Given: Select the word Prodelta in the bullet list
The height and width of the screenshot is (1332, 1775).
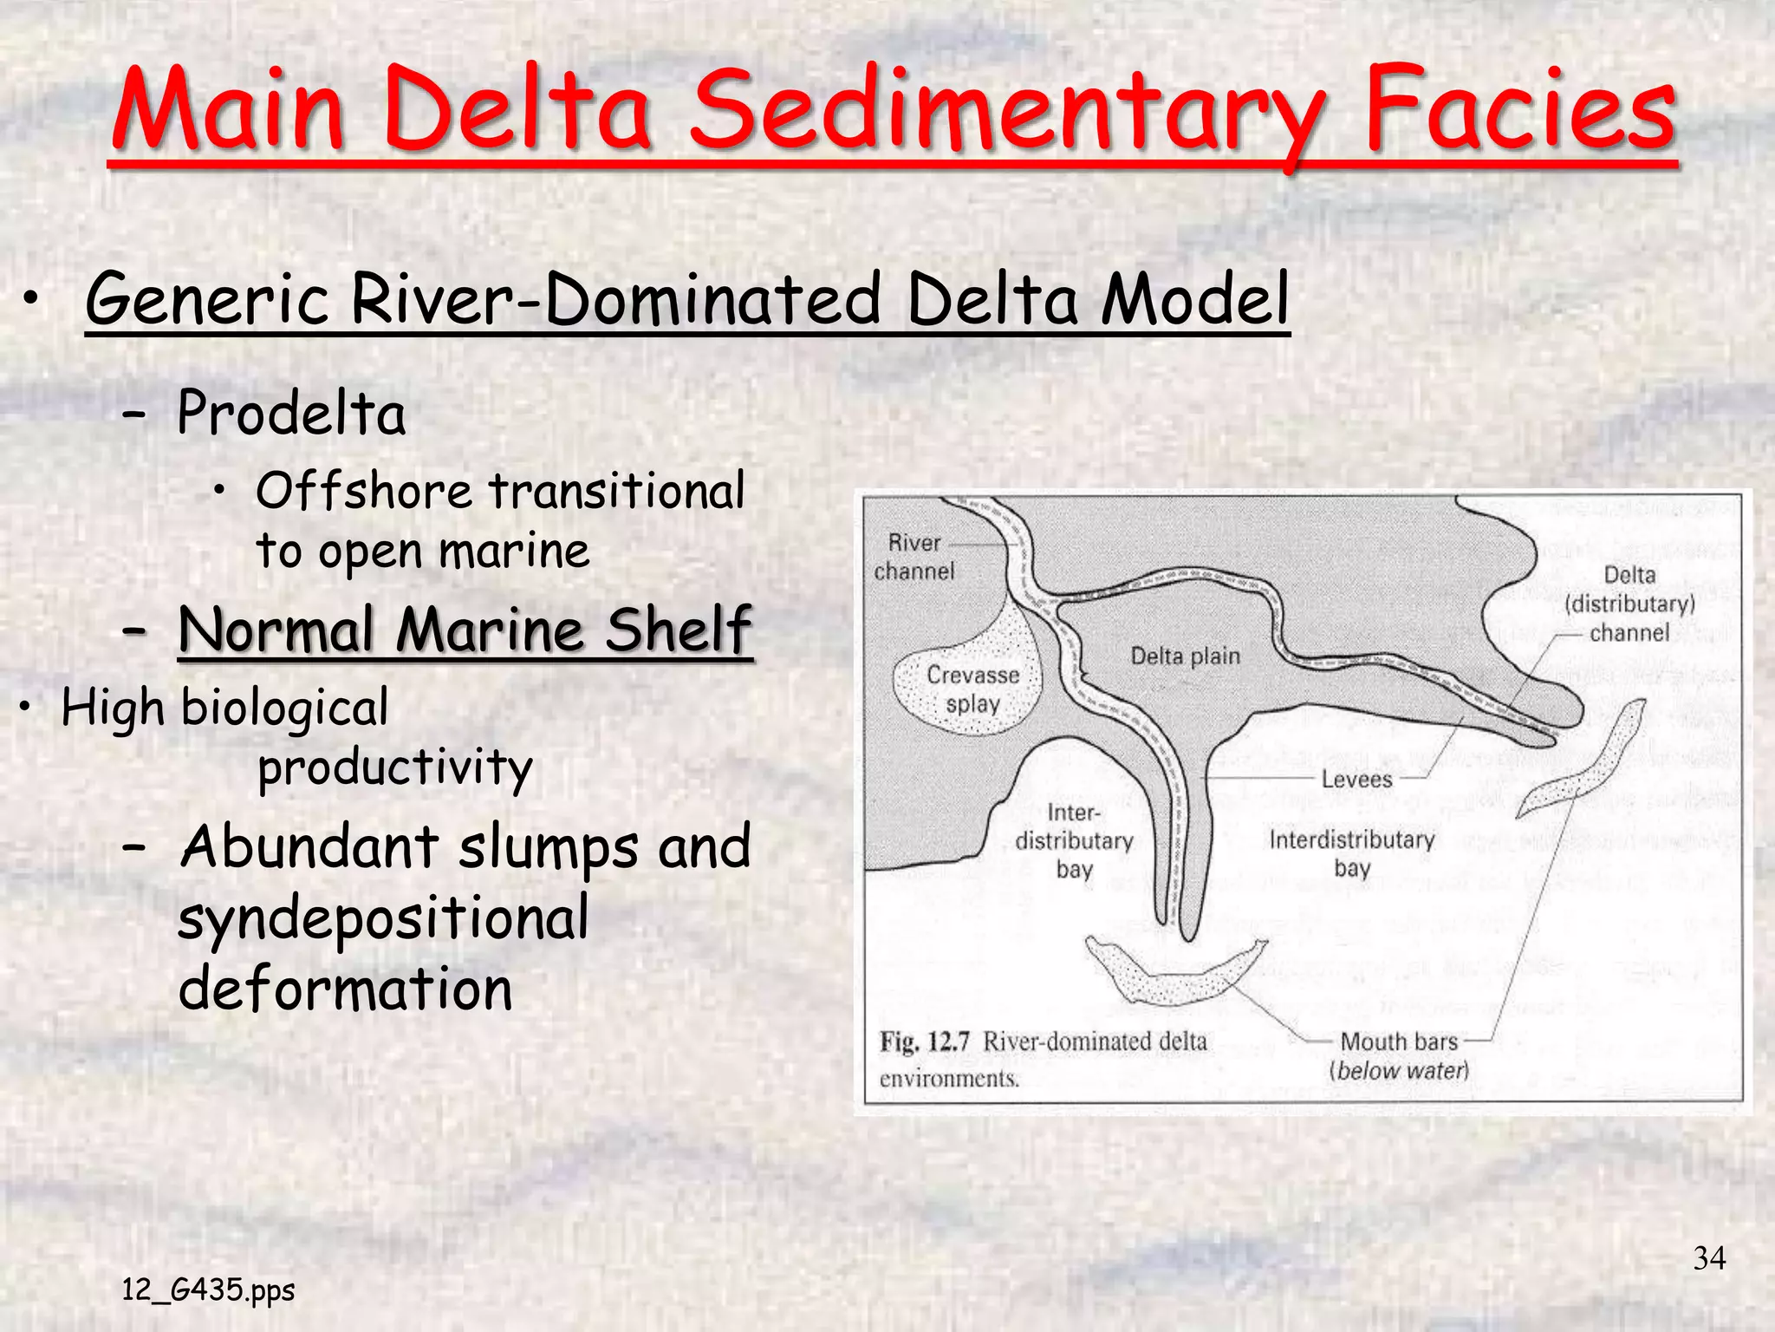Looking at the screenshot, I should pos(291,413).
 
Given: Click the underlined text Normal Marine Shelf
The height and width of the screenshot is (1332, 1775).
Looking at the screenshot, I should pos(465,630).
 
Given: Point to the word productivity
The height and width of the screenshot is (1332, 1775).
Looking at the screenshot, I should pos(395,768).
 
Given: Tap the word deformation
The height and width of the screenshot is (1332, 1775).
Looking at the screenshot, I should pos(345,989).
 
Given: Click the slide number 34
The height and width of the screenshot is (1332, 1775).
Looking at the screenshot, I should pos(1709,1258).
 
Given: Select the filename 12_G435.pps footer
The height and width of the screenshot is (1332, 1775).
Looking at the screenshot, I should pos(208,1290).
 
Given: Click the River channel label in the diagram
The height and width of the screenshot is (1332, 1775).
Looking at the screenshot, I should pos(914,557).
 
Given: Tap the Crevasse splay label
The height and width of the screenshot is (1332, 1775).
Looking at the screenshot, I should pos(973,689).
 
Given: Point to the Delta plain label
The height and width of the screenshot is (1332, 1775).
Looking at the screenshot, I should pos(1185,656).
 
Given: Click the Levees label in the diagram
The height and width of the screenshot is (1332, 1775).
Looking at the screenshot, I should pos(1356,779).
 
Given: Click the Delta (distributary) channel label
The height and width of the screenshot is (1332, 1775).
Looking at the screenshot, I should pos(1629,604).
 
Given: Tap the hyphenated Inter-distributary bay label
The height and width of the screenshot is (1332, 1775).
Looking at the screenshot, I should pos(1074,840).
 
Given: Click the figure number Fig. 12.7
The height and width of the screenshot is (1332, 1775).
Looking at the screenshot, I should pos(924,1041).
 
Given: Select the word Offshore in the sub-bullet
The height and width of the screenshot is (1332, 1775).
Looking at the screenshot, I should pos(364,491).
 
